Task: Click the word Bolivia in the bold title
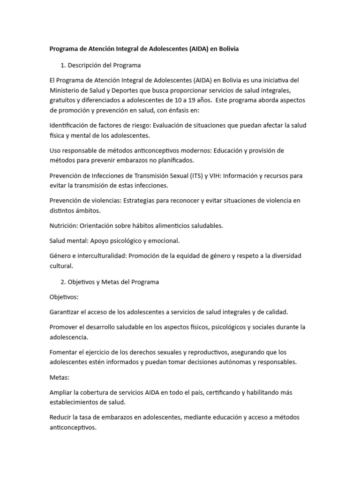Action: pos(227,49)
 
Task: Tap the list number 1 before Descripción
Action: pos(62,65)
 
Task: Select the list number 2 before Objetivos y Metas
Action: pos(63,282)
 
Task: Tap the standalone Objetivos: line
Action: pos(64,297)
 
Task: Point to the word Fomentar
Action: pos(64,352)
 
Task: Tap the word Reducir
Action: pos(61,417)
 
